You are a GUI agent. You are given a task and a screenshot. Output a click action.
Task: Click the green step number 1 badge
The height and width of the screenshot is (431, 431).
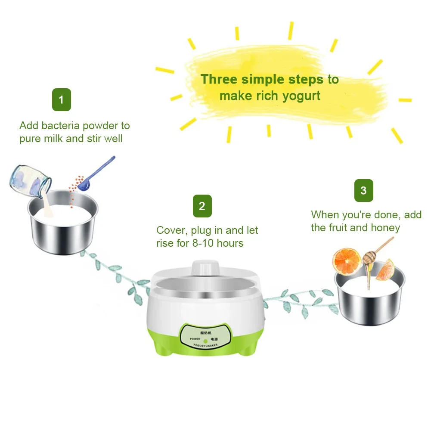point(61,100)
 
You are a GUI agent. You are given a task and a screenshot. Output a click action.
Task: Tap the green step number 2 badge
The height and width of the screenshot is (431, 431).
point(202,206)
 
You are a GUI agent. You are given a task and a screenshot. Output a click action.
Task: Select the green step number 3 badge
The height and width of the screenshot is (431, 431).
point(363,190)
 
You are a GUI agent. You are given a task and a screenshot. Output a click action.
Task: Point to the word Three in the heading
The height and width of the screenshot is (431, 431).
point(219,80)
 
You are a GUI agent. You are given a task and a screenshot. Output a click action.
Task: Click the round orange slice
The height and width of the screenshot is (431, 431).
point(347,261)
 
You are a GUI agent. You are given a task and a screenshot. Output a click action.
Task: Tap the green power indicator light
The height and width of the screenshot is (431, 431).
point(206,340)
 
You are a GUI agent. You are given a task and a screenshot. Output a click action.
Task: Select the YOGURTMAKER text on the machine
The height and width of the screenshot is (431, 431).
point(206,345)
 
